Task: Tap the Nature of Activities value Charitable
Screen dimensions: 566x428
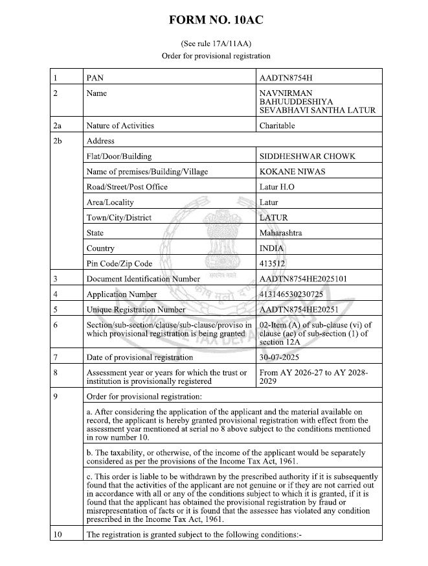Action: click(x=277, y=125)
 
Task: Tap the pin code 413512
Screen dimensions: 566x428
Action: click(x=272, y=264)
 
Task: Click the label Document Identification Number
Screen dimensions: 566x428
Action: click(x=142, y=279)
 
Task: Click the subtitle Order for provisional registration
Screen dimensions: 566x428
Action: click(x=213, y=56)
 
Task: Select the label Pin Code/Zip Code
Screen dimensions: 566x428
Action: click(x=119, y=264)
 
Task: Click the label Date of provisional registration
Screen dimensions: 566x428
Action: click(x=139, y=357)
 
